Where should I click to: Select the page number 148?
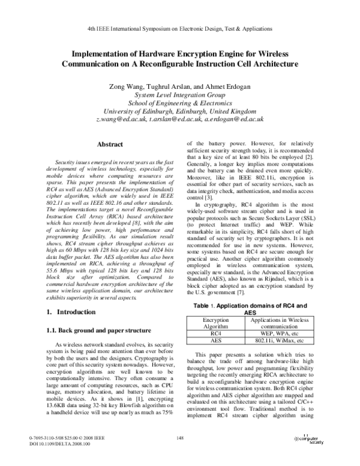(x=179, y=438)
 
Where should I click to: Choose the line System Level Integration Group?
(x=179, y=95)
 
